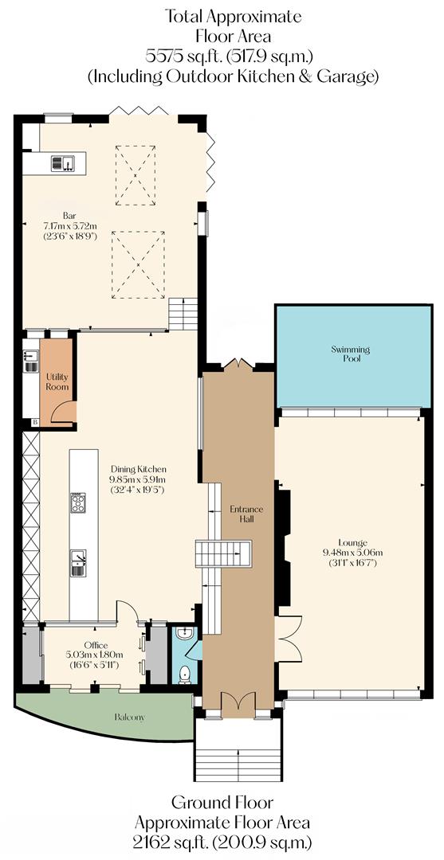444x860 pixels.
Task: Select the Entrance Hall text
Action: tap(242, 514)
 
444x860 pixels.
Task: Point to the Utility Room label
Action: tap(57, 381)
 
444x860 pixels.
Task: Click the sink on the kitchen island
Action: tap(79, 561)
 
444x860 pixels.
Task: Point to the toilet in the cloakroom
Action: tap(185, 673)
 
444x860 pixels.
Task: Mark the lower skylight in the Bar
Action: tap(139, 264)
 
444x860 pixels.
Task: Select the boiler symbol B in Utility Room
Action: tap(34, 422)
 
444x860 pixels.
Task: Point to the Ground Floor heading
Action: tap(222, 803)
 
